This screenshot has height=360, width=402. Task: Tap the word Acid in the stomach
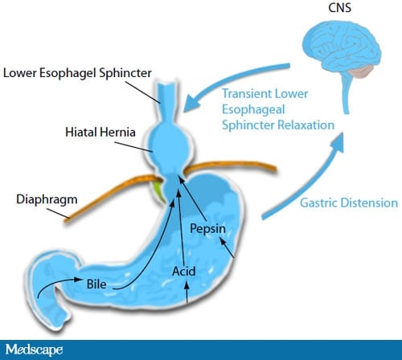point(184,272)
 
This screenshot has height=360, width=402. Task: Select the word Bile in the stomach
point(96,284)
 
